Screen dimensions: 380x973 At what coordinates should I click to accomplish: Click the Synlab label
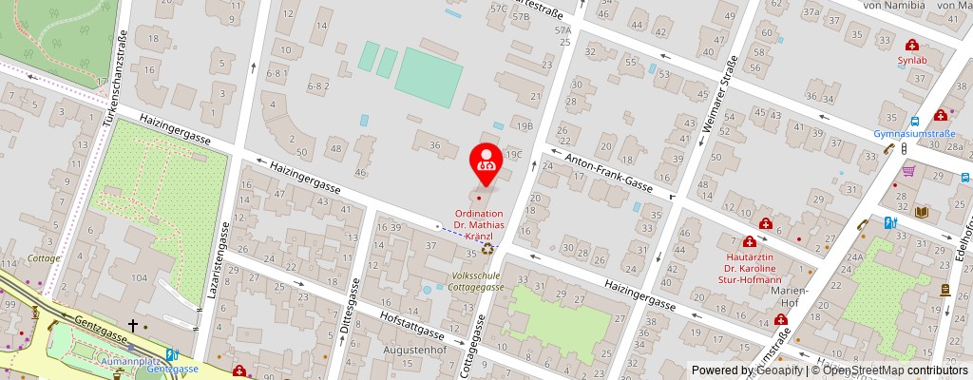click(911, 59)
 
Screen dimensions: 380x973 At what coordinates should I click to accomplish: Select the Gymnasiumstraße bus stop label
click(914, 134)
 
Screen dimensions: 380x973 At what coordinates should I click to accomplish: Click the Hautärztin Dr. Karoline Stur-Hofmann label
click(748, 268)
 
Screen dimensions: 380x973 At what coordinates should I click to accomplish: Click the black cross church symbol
click(133, 326)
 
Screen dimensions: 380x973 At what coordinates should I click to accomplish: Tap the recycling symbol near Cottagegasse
click(487, 249)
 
